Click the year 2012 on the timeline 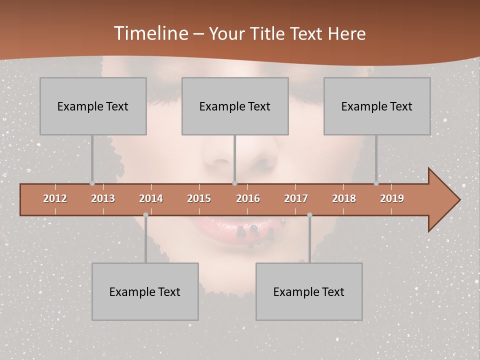pyautogui.click(x=55, y=198)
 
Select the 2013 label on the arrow pyautogui.click(x=103, y=198)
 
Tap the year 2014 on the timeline pyautogui.click(x=151, y=198)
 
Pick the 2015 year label pyautogui.click(x=199, y=198)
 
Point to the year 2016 pyautogui.click(x=248, y=198)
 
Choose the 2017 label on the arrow pyautogui.click(x=296, y=198)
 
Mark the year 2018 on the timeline pyautogui.click(x=344, y=198)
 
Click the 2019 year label pyautogui.click(x=392, y=198)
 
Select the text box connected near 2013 pyautogui.click(x=93, y=106)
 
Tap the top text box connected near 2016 pyautogui.click(x=235, y=106)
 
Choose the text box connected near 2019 pyautogui.click(x=377, y=106)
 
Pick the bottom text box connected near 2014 pyautogui.click(x=145, y=291)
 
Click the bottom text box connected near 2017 pyautogui.click(x=309, y=291)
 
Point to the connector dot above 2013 pyautogui.click(x=92, y=183)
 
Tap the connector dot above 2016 pyautogui.click(x=235, y=183)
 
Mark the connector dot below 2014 pyautogui.click(x=145, y=215)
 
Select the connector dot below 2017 pyautogui.click(x=309, y=215)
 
